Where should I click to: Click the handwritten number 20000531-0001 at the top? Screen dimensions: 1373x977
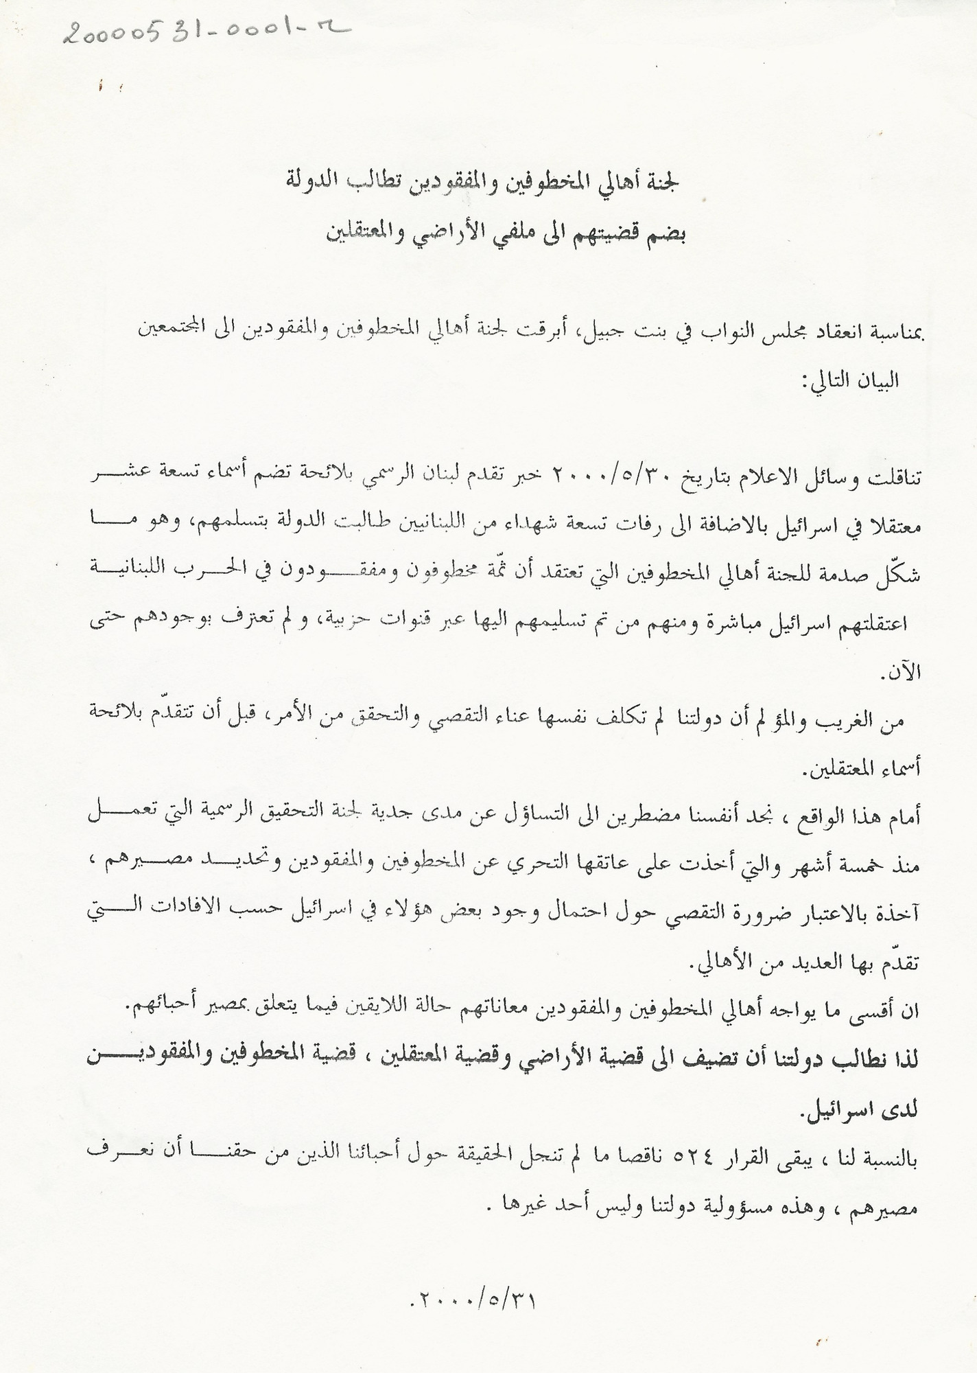(206, 29)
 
